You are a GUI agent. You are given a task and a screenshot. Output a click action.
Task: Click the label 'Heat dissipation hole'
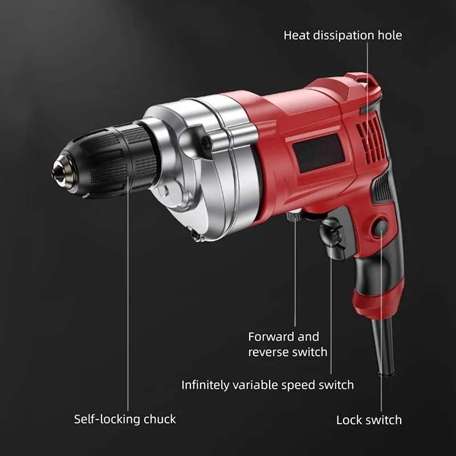tap(343, 35)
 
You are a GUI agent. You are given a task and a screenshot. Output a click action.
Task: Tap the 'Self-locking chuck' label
tap(125, 419)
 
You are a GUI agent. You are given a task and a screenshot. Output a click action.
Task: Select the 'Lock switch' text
tap(369, 420)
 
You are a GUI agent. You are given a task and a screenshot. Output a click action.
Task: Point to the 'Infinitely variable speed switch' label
tap(267, 385)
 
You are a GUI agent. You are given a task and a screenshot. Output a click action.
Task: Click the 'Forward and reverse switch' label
tap(288, 344)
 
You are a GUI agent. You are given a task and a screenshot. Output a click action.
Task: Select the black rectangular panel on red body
tap(319, 153)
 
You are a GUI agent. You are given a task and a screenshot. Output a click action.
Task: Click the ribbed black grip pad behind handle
tap(381, 187)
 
